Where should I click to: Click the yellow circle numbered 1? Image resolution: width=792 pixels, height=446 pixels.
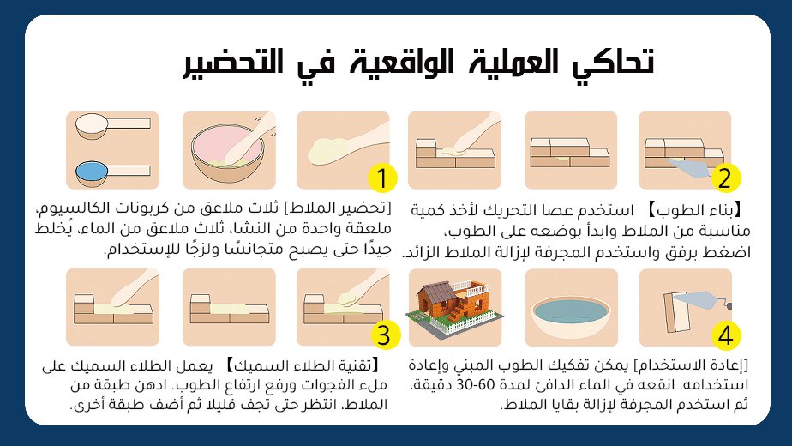382,178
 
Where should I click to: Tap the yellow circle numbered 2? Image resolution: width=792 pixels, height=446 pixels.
725,178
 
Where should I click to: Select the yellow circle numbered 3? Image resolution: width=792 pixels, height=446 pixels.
384,334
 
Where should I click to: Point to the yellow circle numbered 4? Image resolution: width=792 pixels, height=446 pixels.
726,334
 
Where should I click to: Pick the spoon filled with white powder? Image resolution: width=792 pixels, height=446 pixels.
112,125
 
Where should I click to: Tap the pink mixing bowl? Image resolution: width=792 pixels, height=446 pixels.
228,153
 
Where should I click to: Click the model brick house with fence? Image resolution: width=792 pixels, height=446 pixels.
454,306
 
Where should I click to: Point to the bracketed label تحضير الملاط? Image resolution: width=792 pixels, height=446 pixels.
338,208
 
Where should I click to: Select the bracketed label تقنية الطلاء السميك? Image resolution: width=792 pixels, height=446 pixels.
303,365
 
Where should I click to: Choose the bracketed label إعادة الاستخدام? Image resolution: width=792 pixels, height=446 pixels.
692,365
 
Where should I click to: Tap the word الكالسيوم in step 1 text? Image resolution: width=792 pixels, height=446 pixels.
66,208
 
